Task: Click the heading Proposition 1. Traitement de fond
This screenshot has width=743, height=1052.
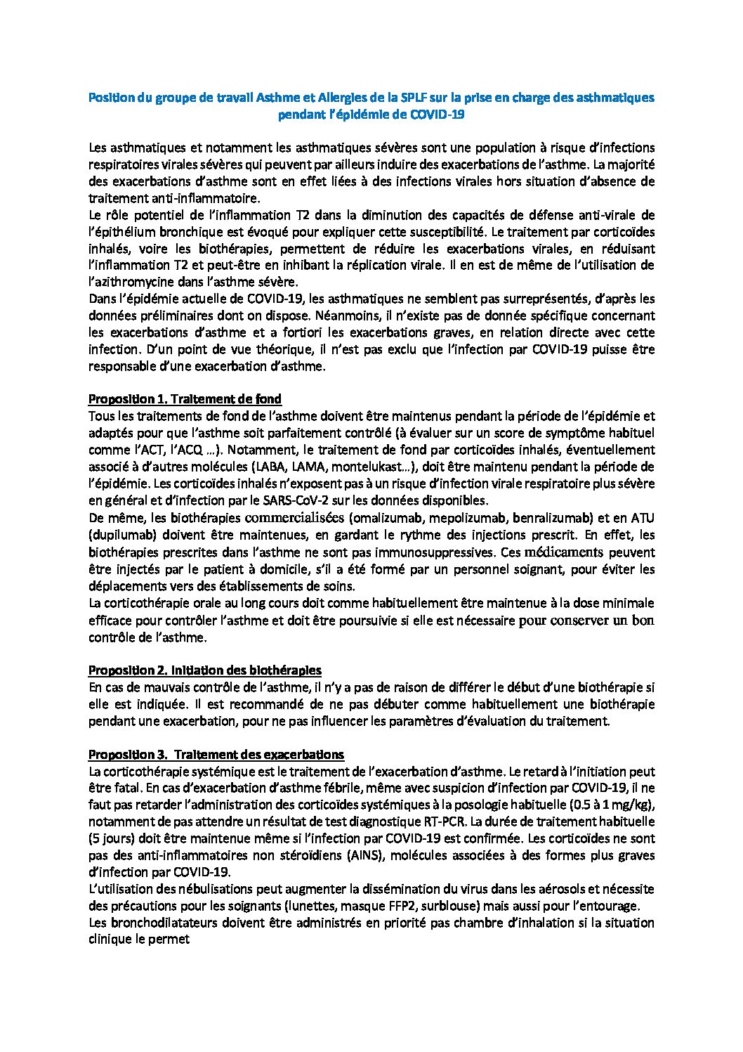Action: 185,399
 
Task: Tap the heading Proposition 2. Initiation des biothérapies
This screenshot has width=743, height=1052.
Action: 204,670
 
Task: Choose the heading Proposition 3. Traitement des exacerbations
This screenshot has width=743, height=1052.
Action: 216,754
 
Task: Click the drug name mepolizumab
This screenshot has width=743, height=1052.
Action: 464,518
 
